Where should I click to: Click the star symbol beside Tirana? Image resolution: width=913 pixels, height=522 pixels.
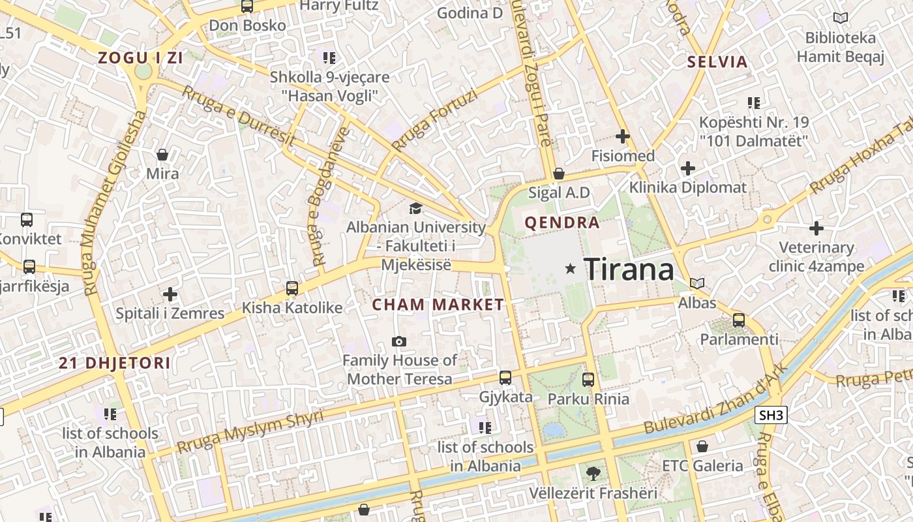(571, 268)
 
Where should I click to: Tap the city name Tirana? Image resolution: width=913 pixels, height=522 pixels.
(629, 269)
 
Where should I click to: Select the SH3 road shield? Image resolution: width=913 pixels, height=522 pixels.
(771, 415)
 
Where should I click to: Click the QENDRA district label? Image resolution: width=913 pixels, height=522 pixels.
(561, 223)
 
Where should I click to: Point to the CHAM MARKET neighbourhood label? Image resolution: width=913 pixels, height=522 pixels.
(438, 305)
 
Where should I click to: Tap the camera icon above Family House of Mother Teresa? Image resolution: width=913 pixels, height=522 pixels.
(399, 341)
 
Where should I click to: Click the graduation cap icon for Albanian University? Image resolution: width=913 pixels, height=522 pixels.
(415, 209)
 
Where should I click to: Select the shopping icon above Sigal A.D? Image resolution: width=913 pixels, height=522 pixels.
(559, 174)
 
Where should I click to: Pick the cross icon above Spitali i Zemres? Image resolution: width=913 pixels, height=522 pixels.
(170, 294)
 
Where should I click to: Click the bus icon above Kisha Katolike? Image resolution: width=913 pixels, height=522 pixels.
(292, 288)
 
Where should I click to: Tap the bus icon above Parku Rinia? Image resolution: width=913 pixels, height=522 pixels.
(588, 379)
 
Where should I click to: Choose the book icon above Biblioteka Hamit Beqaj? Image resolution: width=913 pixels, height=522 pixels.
(841, 18)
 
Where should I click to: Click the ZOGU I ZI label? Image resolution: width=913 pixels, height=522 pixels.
(140, 57)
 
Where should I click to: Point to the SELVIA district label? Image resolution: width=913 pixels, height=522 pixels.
(717, 63)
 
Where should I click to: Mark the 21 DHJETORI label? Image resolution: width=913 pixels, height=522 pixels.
(115, 363)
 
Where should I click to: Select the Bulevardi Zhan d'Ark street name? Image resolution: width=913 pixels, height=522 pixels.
(716, 399)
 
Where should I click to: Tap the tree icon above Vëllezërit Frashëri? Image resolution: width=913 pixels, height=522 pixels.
(593, 473)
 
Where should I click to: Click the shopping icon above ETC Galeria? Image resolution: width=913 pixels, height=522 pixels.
(702, 446)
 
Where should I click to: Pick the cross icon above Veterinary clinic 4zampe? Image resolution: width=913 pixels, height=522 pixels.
(816, 228)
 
